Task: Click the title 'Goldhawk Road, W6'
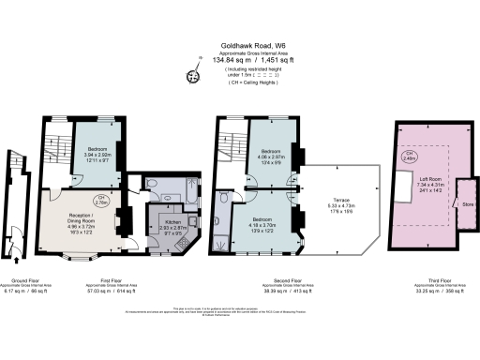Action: (x=240, y=42)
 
